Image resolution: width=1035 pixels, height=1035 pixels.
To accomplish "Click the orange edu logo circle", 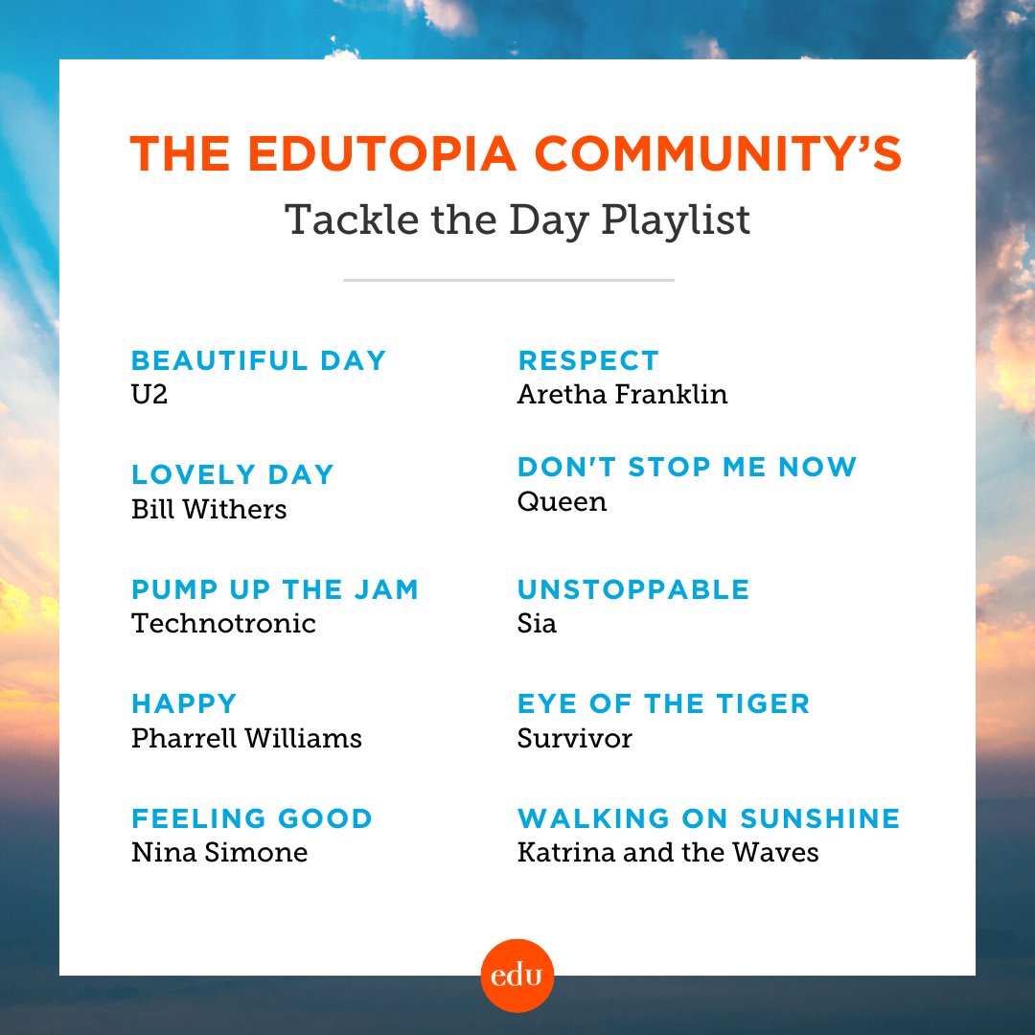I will [517, 976].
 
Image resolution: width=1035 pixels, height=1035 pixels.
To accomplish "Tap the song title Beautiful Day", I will [259, 360].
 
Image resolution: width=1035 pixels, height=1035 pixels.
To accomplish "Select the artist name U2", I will [149, 394].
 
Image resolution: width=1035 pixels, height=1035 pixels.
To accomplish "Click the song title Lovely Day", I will [233, 474].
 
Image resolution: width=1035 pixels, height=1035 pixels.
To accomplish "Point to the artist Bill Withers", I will [209, 509].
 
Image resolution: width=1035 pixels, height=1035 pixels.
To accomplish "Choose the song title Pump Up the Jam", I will [275, 588].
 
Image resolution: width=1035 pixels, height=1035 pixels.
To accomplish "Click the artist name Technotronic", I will [223, 623].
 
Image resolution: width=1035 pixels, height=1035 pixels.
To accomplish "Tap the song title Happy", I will [184, 702].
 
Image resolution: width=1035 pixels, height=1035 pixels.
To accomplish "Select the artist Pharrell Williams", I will [246, 738].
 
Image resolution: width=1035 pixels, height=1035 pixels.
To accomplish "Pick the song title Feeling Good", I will [252, 818].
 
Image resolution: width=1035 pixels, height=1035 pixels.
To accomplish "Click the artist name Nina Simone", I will [219, 852].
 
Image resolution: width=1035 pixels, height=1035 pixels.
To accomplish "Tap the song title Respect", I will [588, 360].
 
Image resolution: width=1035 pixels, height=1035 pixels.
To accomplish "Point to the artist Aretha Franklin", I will [622, 394].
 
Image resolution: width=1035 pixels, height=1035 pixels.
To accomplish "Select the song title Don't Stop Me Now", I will [687, 467].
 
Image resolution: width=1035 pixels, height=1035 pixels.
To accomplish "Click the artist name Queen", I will [562, 501].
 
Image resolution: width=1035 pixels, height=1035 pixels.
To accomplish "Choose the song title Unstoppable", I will [633, 588].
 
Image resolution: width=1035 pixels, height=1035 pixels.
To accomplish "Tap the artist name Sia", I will [537, 623].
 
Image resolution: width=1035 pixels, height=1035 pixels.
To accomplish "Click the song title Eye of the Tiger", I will [663, 702].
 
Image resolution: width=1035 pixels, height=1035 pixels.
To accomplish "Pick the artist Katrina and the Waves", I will [668, 852].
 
